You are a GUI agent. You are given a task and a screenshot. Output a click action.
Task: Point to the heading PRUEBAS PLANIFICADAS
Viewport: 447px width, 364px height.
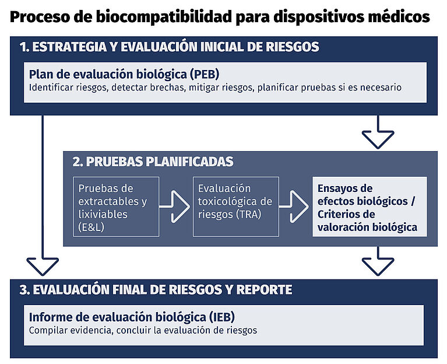tap(153, 162)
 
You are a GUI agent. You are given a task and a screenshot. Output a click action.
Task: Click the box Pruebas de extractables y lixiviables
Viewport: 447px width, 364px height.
tap(116, 206)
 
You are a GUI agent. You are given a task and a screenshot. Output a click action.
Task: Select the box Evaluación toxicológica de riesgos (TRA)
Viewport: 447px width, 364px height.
tap(235, 206)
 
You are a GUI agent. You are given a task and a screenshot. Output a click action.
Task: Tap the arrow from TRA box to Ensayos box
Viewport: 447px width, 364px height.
tap(294, 206)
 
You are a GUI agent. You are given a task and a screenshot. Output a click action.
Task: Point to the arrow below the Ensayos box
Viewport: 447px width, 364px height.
tap(378, 261)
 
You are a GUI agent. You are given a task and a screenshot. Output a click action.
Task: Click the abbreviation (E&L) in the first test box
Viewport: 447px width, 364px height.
tap(93, 228)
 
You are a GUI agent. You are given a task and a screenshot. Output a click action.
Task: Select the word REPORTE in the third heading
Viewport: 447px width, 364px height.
tap(263, 290)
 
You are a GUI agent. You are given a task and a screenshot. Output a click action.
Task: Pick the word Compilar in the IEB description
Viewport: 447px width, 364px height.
tap(48, 330)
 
